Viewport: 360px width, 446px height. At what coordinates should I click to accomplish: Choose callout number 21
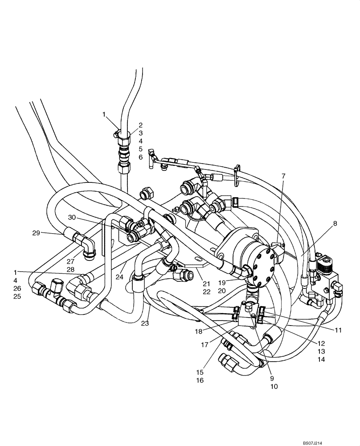[x=206, y=283]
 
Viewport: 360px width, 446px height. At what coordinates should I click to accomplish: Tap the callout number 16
[x=200, y=380]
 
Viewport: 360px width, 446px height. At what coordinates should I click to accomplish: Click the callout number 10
[x=274, y=387]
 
